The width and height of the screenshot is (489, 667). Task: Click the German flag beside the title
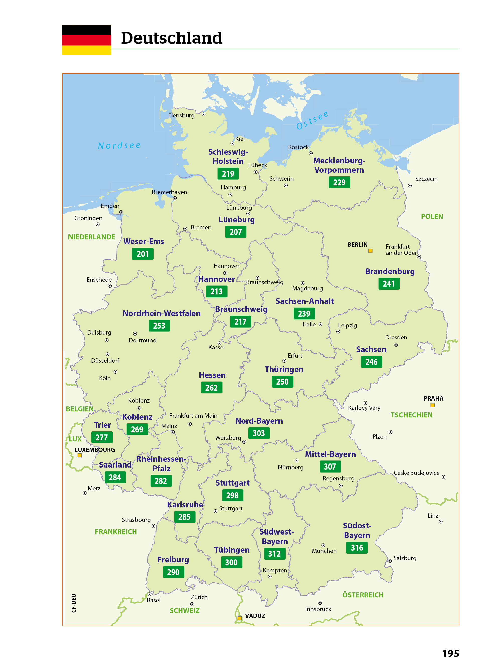point(86,40)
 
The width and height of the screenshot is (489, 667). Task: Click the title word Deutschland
point(171,38)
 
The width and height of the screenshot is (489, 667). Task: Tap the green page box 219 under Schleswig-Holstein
point(228,174)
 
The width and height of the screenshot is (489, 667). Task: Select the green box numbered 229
point(339,182)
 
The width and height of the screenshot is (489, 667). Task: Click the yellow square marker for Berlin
point(370,251)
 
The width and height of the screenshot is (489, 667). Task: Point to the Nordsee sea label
point(119,145)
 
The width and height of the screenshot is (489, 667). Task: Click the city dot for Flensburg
point(204,114)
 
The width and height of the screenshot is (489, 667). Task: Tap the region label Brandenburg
point(390,271)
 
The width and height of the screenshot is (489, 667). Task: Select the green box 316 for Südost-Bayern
point(357,548)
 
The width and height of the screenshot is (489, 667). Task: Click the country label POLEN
point(432,216)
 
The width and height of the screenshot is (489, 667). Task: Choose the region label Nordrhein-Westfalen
point(162,313)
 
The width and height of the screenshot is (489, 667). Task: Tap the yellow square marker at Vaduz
point(239,618)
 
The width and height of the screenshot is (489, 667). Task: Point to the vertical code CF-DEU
point(74,603)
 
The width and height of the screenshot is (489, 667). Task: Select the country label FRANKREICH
point(116,532)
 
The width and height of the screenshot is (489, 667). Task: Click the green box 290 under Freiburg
point(173,572)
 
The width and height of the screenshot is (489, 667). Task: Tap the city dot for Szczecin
point(410,186)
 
